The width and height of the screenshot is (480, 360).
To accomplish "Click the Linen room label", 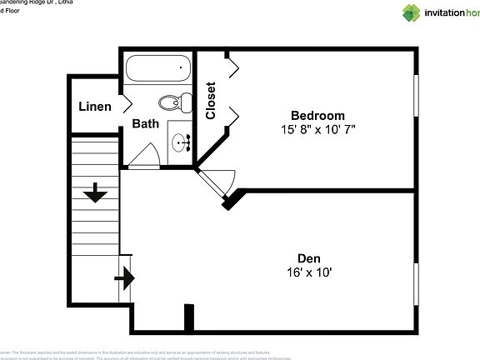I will (95, 107).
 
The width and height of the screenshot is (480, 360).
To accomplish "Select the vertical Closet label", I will (211, 100).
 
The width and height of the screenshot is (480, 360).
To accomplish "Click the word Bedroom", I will (317, 115).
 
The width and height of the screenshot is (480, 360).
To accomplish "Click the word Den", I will (308, 258).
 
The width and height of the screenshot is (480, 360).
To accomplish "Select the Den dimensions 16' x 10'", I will (308, 272).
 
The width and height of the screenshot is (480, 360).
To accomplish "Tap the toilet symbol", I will (173, 103).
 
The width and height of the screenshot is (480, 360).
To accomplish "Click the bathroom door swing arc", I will (144, 154).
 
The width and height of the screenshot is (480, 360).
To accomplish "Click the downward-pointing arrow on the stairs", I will (95, 194).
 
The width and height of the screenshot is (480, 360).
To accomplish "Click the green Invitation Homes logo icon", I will (412, 12).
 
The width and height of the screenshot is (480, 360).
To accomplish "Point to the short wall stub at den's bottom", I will (189, 318).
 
